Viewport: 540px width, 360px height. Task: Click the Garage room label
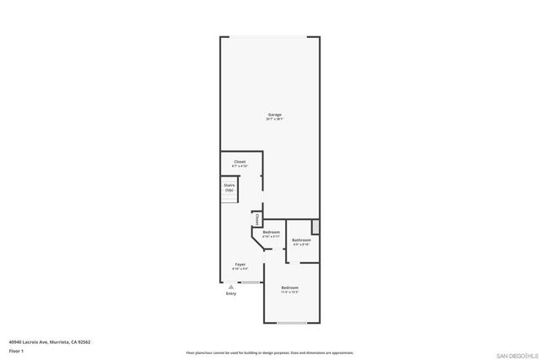tap(275, 114)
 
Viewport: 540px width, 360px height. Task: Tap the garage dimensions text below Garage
tap(275, 119)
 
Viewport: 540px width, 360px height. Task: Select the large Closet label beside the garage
tap(240, 161)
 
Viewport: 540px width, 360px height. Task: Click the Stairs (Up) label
tap(229, 188)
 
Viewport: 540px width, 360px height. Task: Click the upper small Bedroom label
tap(271, 232)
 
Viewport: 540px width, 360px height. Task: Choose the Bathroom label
tap(301, 240)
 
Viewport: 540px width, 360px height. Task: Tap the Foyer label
tap(240, 264)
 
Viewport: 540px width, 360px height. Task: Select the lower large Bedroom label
tap(289, 287)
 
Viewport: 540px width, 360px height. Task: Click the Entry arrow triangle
tap(230, 287)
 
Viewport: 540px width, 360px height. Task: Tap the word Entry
tap(230, 293)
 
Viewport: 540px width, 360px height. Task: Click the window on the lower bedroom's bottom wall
tap(292, 323)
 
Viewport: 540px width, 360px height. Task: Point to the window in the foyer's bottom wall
tap(249, 282)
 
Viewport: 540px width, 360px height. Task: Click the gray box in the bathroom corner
tap(316, 227)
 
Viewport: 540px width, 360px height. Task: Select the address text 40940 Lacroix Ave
tap(49, 341)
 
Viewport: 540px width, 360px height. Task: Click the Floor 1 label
tap(16, 350)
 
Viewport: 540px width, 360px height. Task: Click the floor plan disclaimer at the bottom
tap(269, 353)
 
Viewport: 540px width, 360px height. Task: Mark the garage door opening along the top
tap(271, 37)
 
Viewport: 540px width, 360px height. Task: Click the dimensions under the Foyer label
tap(240, 269)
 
